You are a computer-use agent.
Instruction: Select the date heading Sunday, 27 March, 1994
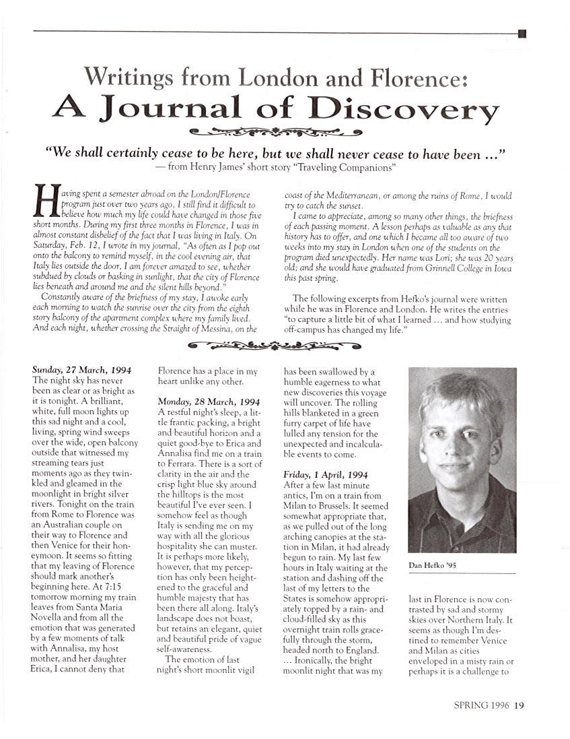81,370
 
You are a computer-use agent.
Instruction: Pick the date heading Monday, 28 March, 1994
208,401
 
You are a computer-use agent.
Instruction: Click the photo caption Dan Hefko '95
433,565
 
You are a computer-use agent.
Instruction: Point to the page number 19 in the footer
519,706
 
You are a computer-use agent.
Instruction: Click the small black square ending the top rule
522,32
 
